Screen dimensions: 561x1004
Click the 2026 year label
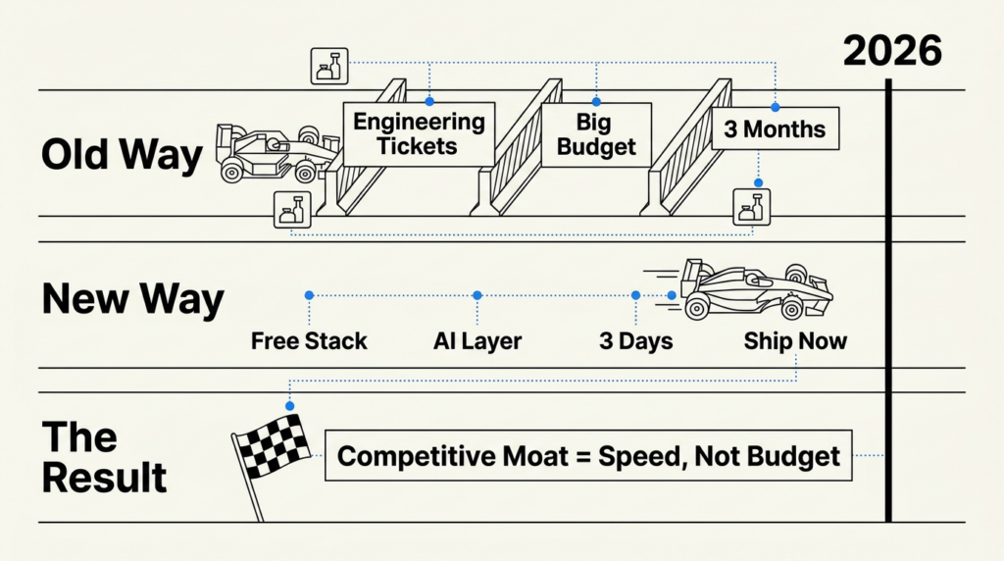pyautogui.click(x=891, y=50)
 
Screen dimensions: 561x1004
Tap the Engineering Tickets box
pyautogui.click(x=419, y=134)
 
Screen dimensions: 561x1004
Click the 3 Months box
pyautogui.click(x=775, y=129)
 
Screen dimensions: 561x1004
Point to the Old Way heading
pyautogui.click(x=122, y=154)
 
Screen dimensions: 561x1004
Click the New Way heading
pyautogui.click(x=132, y=298)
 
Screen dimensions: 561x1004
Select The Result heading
pyautogui.click(x=103, y=457)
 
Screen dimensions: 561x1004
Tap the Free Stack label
pyautogui.click(x=309, y=341)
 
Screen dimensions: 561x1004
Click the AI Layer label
pyautogui.click(x=477, y=341)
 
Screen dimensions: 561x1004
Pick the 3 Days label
pyautogui.click(x=635, y=341)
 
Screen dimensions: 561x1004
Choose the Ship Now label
pyautogui.click(x=795, y=341)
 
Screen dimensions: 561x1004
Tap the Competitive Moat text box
pyautogui.click(x=588, y=456)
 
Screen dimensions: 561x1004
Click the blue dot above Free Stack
pyautogui.click(x=309, y=294)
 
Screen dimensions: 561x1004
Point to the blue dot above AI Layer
pyautogui.click(x=477, y=294)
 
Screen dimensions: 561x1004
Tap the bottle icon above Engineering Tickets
pyautogui.click(x=328, y=66)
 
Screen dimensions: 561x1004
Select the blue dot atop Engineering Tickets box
pyautogui.click(x=428, y=101)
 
